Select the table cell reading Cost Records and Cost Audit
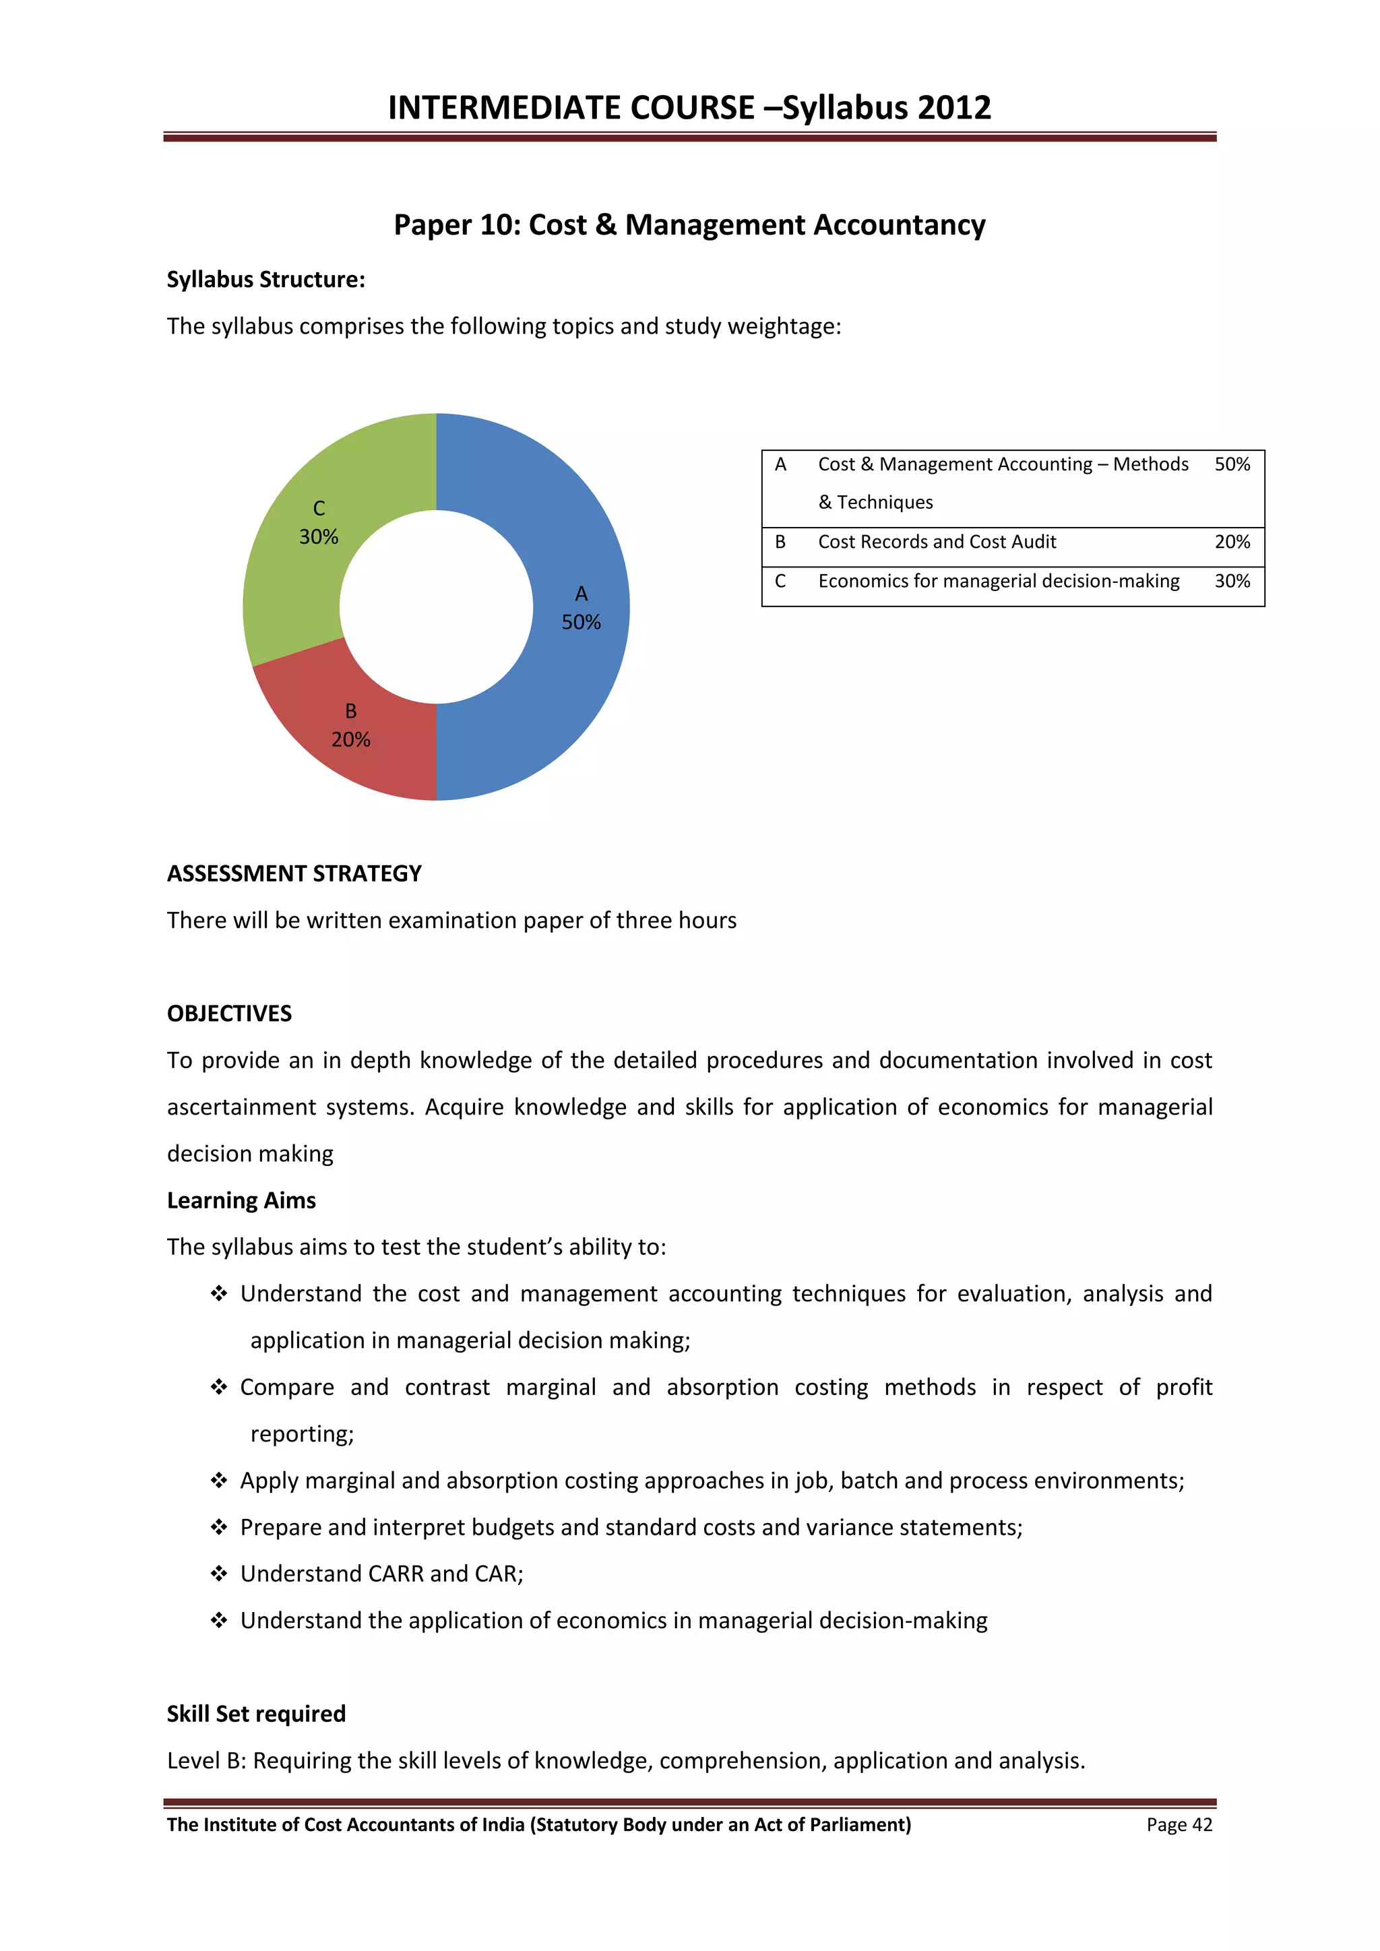937,542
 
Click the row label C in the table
780,581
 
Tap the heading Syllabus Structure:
265,280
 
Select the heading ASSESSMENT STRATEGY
294,873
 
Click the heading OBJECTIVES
228,1014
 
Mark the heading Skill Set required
256,1714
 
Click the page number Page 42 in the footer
1179,1825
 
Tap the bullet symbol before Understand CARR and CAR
219,1574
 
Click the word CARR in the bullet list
396,1574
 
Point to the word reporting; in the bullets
302,1434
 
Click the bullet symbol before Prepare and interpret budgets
219,1528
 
